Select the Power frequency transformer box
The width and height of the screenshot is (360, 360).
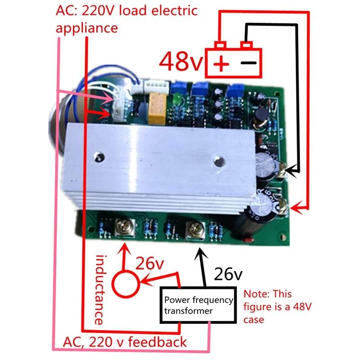tap(198, 305)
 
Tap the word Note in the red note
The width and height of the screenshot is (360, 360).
tap(255, 295)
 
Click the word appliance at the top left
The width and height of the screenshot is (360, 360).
tap(86, 28)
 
